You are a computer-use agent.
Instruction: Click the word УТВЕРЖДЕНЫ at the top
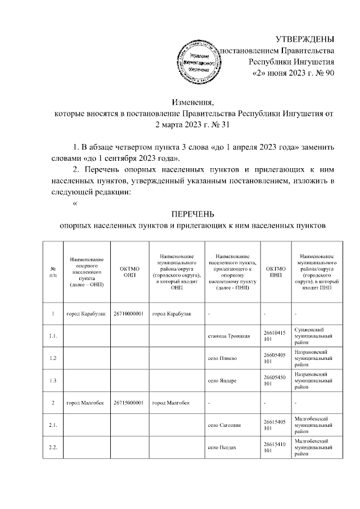(x=305, y=39)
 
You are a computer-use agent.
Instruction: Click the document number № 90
(x=323, y=74)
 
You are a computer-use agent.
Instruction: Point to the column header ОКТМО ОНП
(x=129, y=272)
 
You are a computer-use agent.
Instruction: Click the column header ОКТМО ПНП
(x=276, y=272)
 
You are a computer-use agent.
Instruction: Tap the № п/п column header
(x=53, y=272)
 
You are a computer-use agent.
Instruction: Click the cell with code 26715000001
(x=129, y=403)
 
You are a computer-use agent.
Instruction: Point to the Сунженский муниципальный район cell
(x=316, y=336)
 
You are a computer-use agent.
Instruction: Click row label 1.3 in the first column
(x=53, y=381)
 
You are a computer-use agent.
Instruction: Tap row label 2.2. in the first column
(x=53, y=448)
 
